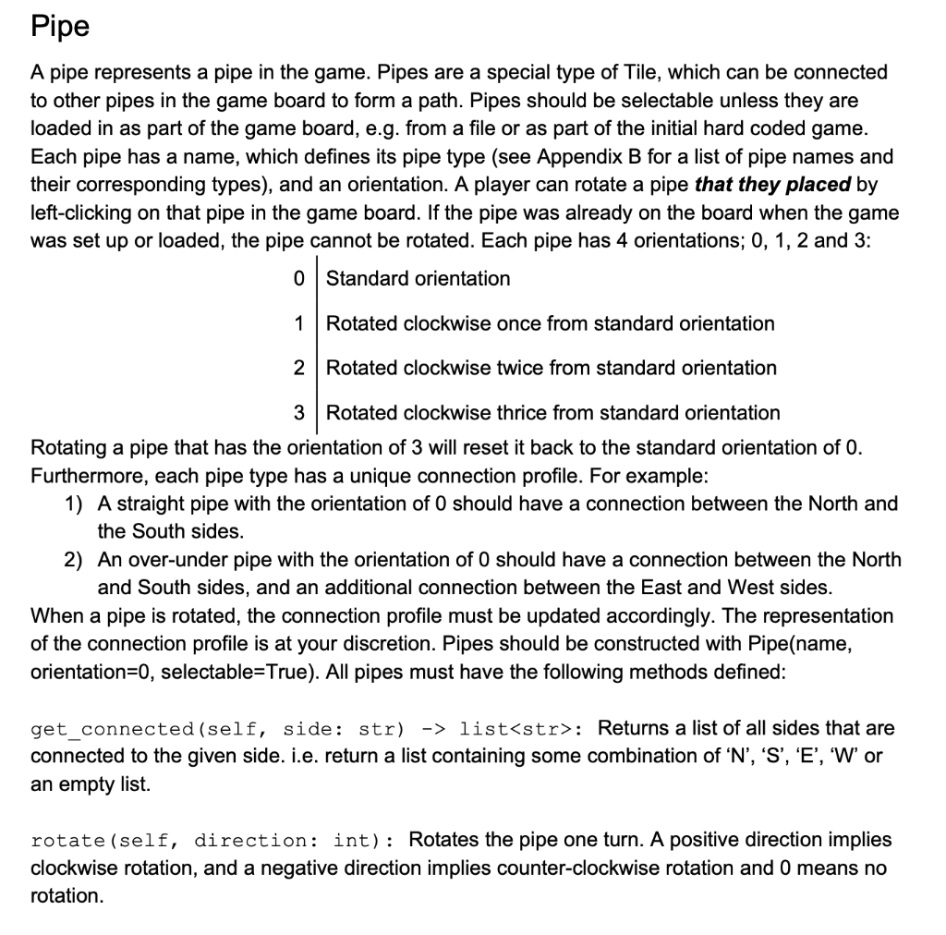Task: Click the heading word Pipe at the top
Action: [x=60, y=26]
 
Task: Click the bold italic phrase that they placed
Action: [x=772, y=185]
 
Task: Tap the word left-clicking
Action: [x=82, y=213]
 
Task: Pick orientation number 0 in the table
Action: [x=297, y=278]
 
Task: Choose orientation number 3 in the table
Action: [x=297, y=412]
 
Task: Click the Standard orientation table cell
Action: [x=418, y=278]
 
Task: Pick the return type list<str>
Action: [x=517, y=729]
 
